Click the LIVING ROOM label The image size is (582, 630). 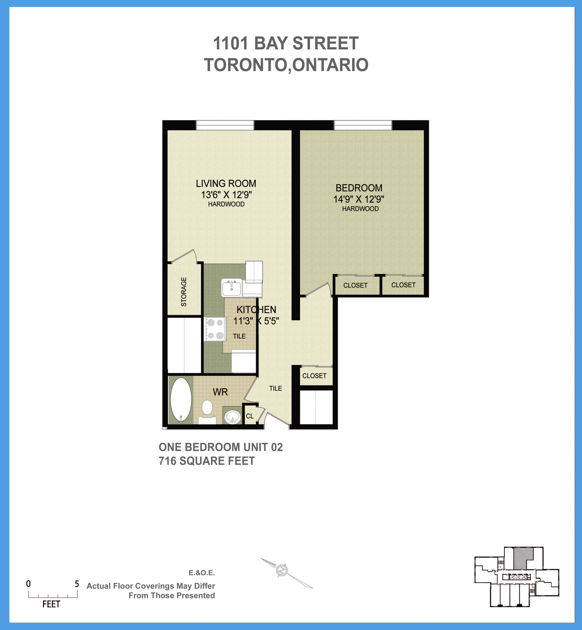[226, 183]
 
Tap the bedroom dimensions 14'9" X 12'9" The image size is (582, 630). [359, 199]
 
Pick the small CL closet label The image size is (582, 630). [250, 416]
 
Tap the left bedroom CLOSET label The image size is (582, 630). [355, 285]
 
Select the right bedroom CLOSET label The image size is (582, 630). [403, 285]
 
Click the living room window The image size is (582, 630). [225, 125]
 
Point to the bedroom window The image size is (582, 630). [363, 125]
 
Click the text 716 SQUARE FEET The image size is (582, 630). [207, 461]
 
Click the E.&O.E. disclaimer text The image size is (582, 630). [202, 573]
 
